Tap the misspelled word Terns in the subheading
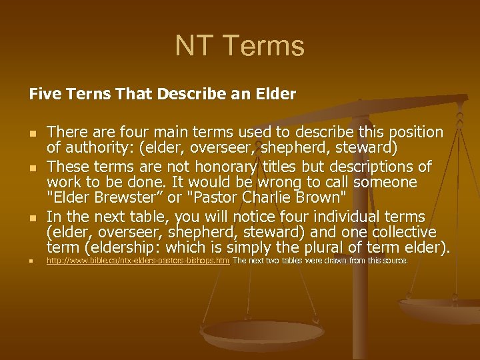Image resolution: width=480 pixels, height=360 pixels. click(x=83, y=95)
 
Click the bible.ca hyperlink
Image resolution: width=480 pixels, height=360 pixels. click(x=137, y=261)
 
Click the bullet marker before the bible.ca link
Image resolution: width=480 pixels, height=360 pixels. click(x=32, y=261)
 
